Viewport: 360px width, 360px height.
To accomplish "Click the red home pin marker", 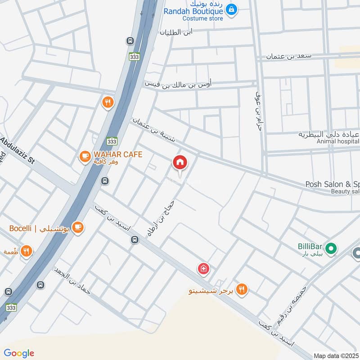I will click(x=180, y=162).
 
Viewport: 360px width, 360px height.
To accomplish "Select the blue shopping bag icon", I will click(x=231, y=9).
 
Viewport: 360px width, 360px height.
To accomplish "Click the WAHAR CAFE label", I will click(x=118, y=154).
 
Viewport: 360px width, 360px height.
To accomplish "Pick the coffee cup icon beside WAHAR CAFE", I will click(x=84, y=156).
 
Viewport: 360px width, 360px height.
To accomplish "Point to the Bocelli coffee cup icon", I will click(x=78, y=228).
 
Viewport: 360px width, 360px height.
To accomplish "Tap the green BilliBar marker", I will click(x=331, y=248).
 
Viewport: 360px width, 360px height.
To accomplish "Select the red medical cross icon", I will click(x=203, y=269).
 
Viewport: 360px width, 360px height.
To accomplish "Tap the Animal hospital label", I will click(x=337, y=141).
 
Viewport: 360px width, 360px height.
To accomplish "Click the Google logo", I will click(x=19, y=353).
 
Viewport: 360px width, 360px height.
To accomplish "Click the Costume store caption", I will click(x=202, y=18).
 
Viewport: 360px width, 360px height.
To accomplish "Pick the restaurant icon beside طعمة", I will click(x=27, y=251).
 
